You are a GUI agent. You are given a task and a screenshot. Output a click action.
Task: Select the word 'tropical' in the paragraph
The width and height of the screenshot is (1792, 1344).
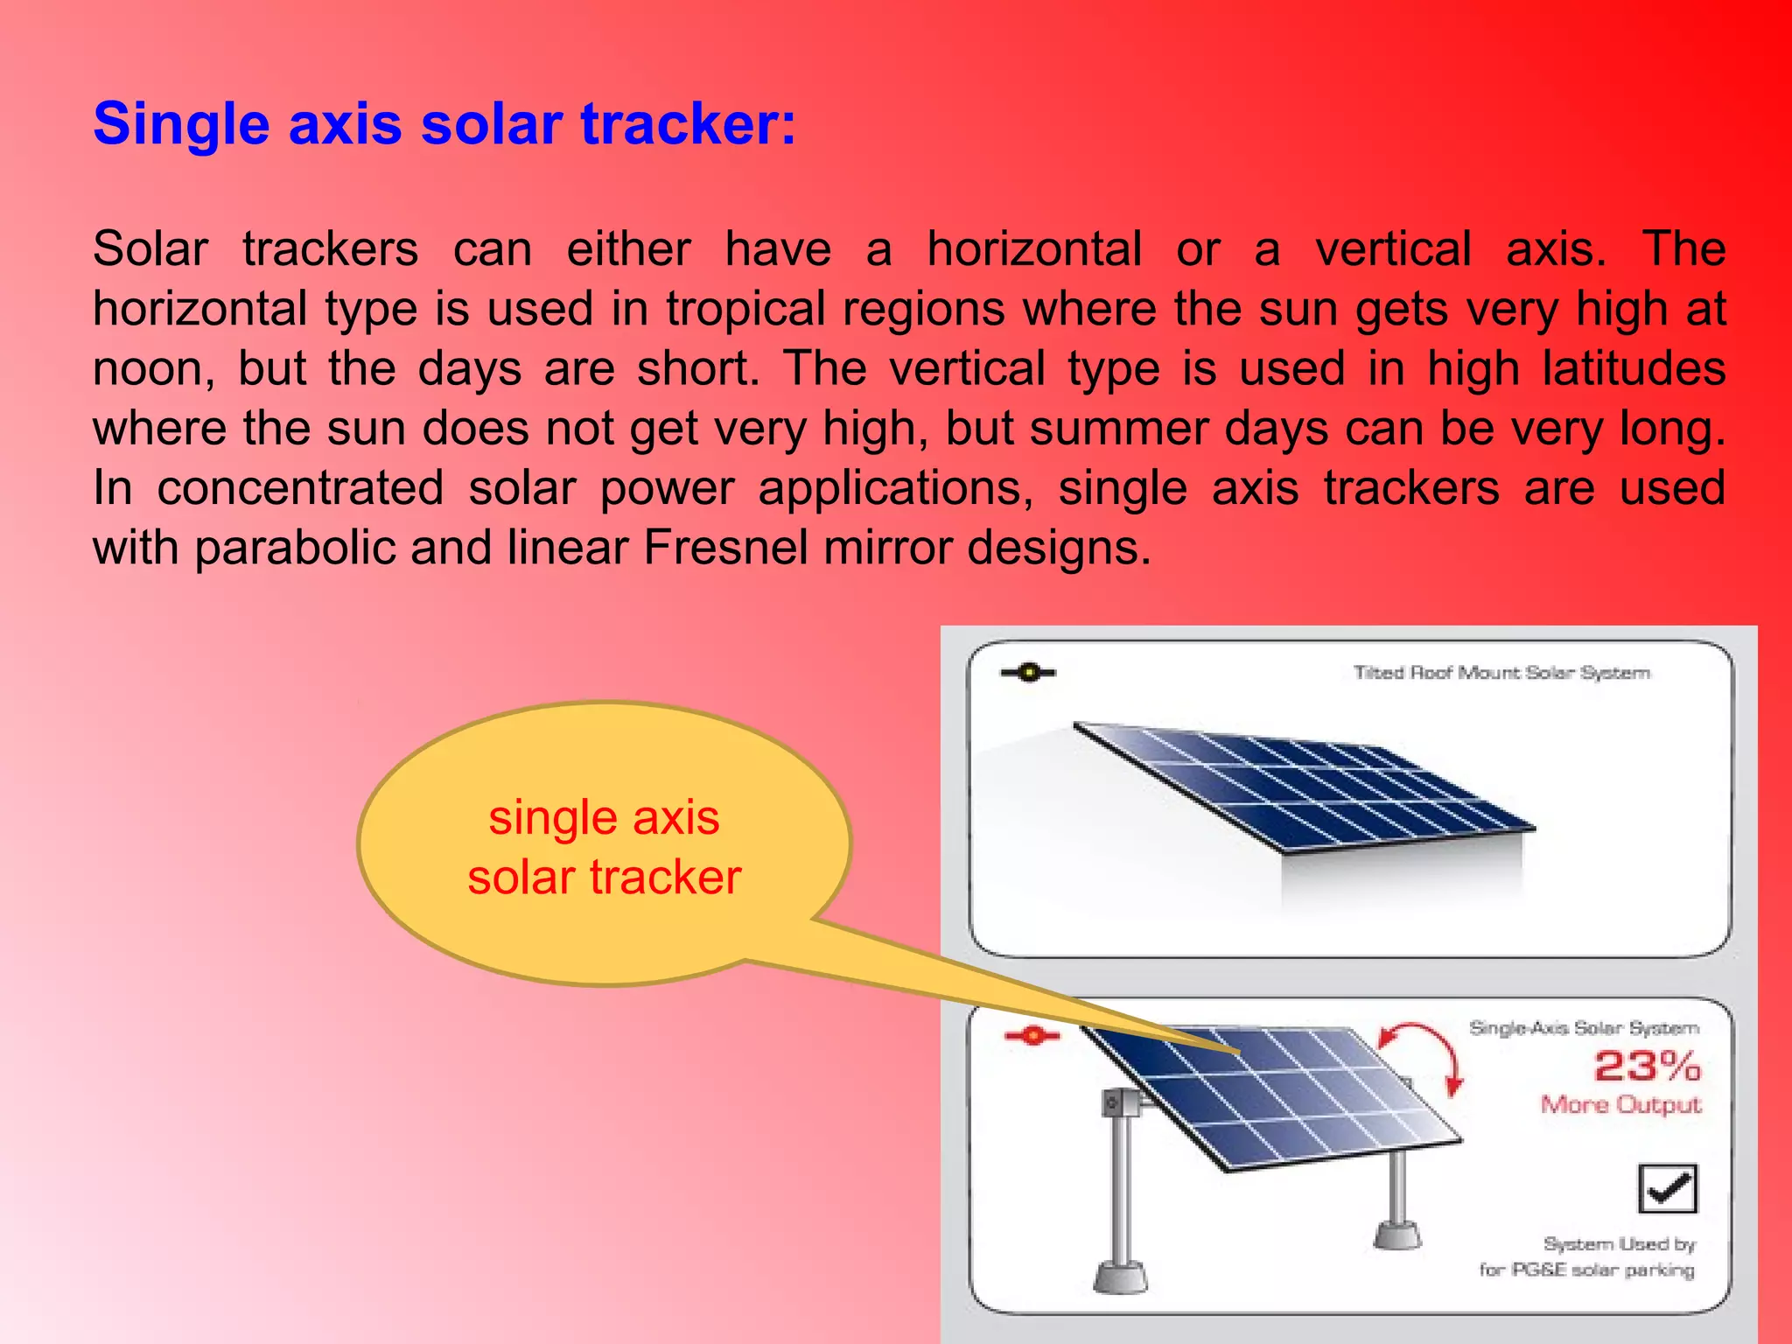coord(745,309)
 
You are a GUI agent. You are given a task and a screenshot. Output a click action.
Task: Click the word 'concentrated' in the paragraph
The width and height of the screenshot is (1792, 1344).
coord(300,488)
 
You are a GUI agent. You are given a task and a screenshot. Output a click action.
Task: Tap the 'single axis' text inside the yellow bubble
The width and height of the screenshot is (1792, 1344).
coord(604,818)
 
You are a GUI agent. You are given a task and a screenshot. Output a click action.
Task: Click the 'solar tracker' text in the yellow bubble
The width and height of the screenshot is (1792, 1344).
coord(604,878)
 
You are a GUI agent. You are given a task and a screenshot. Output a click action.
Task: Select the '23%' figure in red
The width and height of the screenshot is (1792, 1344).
coord(1646,1066)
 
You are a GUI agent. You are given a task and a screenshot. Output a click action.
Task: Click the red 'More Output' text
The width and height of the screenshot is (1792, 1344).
coord(1620,1104)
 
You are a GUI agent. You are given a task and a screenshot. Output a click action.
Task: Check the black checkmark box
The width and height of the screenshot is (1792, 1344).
coord(1667,1188)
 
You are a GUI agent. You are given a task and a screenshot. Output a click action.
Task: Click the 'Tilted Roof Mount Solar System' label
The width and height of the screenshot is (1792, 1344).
coord(1501,673)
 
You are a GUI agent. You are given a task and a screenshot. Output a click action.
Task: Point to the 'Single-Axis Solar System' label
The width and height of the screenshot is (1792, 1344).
coord(1584,1028)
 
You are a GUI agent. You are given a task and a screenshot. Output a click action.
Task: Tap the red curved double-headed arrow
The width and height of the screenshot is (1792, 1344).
coord(1423,1054)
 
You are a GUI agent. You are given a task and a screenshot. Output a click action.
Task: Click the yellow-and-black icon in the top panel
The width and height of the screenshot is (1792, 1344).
coord(1028,673)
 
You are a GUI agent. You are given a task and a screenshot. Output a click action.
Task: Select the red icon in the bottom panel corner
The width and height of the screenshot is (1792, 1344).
coord(1032,1036)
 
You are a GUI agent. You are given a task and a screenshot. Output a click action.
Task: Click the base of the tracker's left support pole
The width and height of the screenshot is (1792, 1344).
coord(1120,1277)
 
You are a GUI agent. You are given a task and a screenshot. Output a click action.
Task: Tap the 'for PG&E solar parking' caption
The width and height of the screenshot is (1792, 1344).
coord(1586,1270)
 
